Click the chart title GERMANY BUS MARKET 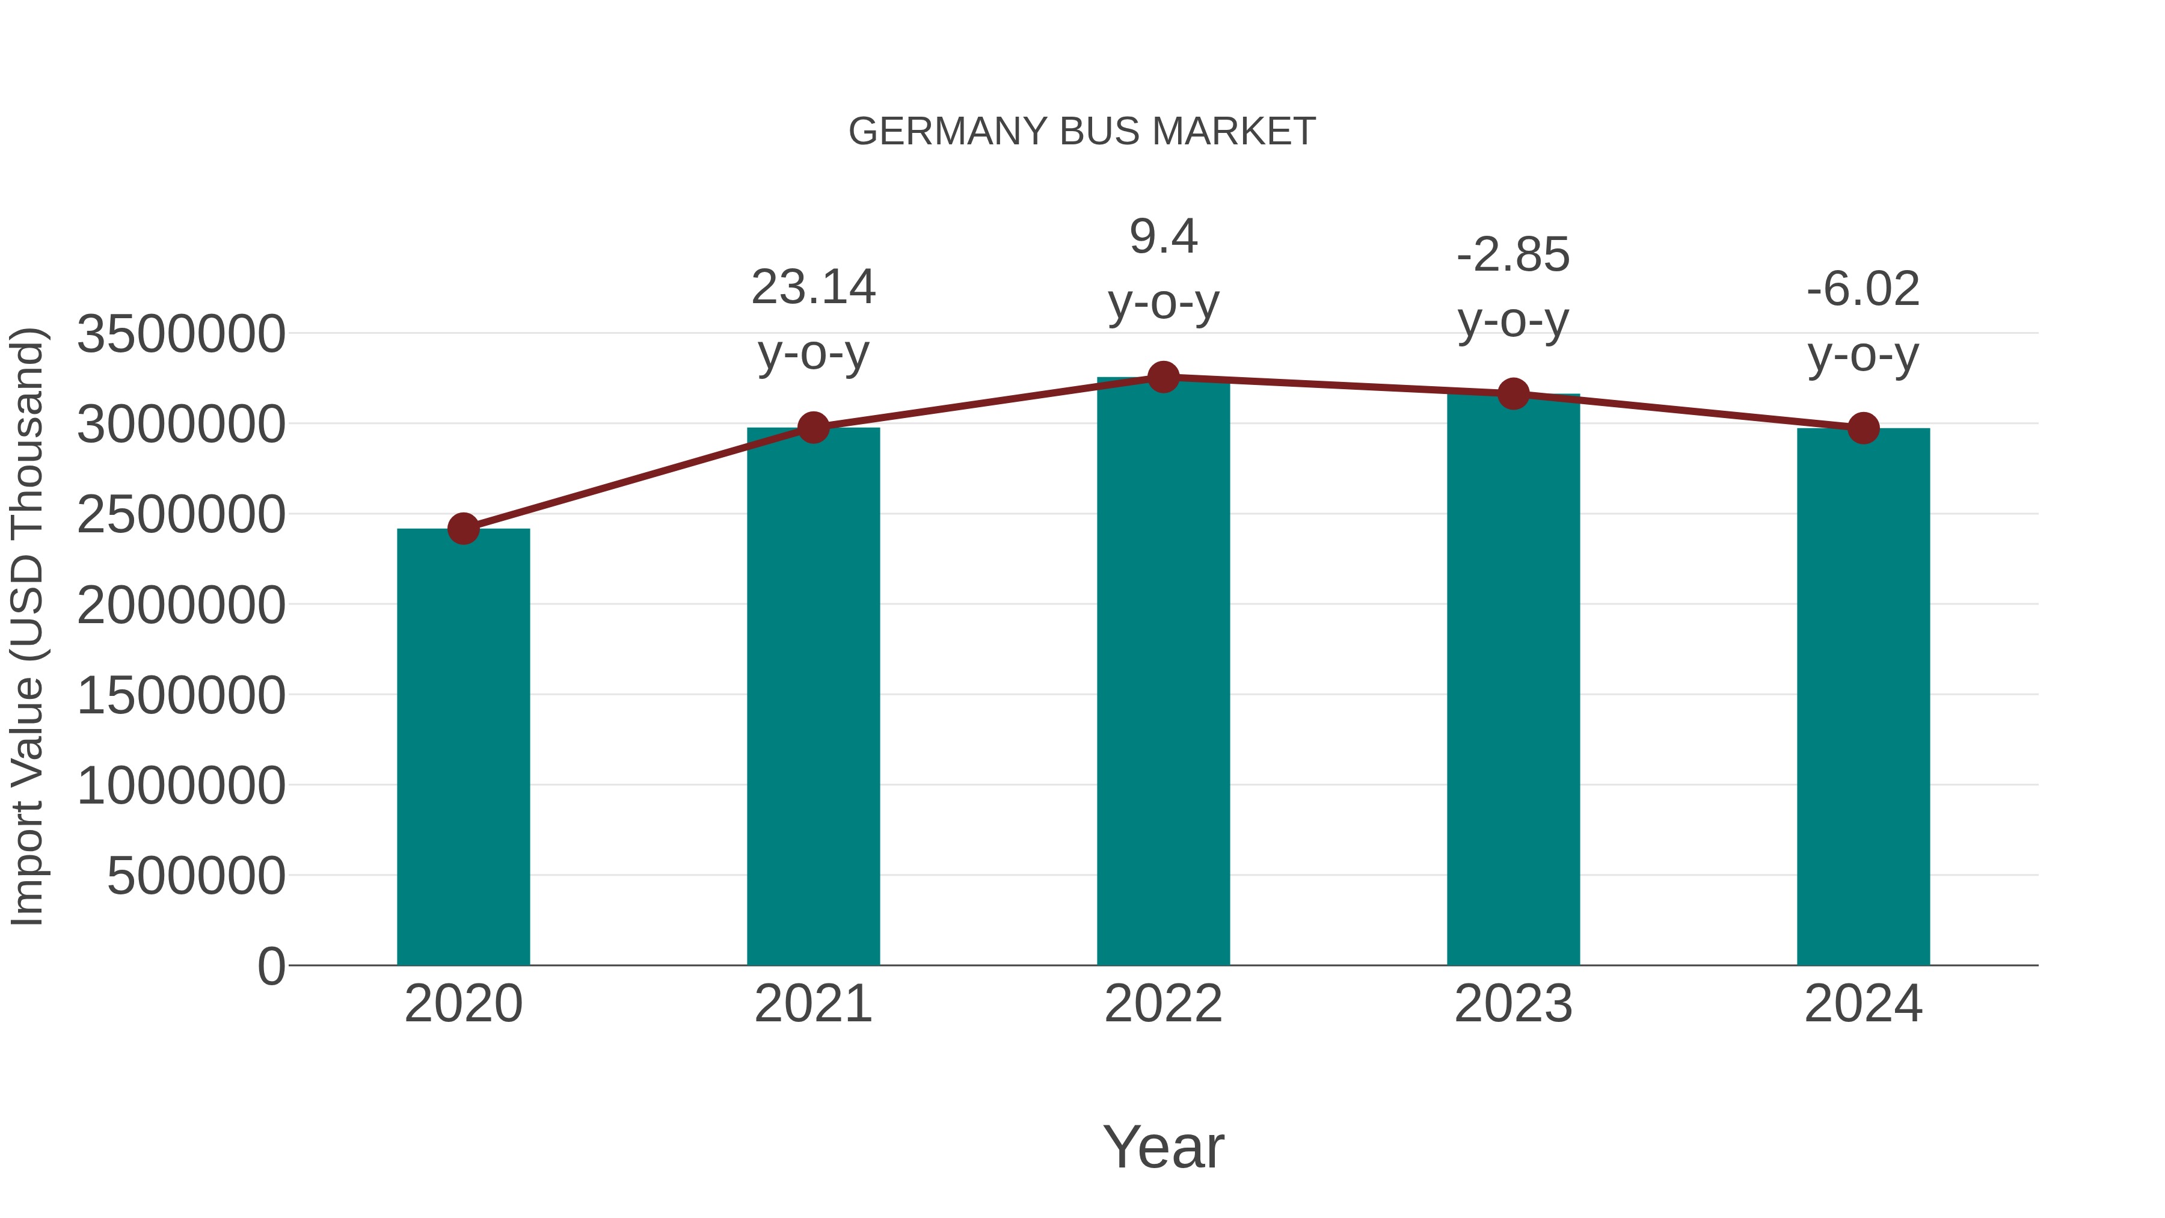tap(1082, 132)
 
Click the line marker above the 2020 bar tap(463, 529)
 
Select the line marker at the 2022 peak tap(1163, 377)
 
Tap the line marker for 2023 tap(1514, 393)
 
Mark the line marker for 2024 tap(1863, 429)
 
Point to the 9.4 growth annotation tap(1163, 237)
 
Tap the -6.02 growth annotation tap(1863, 290)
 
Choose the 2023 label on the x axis tap(1514, 1004)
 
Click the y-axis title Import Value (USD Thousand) tap(27, 626)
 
